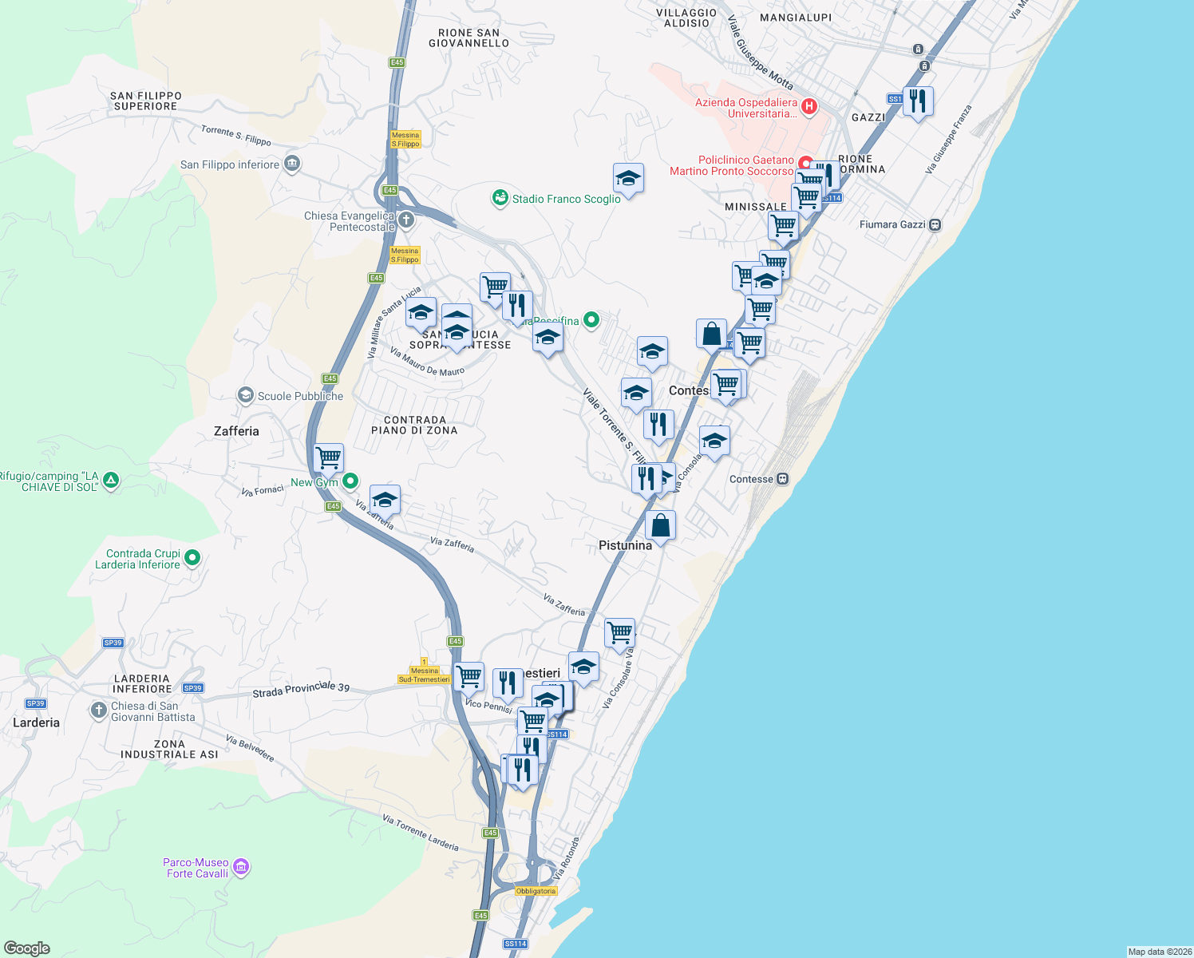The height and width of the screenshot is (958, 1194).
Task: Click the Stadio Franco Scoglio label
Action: (566, 199)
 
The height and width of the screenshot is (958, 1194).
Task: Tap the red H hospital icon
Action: (809, 106)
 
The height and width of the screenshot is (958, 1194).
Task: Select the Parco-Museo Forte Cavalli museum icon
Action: (241, 867)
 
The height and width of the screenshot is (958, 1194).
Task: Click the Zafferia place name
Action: (236, 431)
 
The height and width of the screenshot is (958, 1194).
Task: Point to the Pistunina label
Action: (625, 545)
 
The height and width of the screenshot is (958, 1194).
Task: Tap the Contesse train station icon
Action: (783, 479)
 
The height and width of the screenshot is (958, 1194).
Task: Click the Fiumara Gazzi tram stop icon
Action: (935, 225)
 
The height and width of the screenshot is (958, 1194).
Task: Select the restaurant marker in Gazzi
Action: (919, 101)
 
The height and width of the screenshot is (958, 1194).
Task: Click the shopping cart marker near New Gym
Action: (329, 458)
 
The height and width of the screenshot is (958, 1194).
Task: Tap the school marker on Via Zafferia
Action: (385, 500)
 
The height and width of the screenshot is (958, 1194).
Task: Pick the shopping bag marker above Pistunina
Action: (660, 525)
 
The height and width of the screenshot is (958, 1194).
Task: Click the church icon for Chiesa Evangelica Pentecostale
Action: (406, 220)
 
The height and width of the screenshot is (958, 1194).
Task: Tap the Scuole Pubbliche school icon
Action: (246, 395)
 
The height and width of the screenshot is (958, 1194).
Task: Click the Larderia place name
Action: (36, 722)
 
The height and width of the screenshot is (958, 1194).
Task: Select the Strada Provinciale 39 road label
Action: (301, 691)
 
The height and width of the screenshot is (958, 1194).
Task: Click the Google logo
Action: (27, 948)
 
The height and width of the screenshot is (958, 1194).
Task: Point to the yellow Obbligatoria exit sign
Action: (536, 891)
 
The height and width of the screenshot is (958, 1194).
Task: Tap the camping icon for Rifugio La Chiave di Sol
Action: (111, 481)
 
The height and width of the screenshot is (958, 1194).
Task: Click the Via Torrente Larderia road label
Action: (420, 833)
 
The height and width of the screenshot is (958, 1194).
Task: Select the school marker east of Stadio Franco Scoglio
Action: (628, 179)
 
